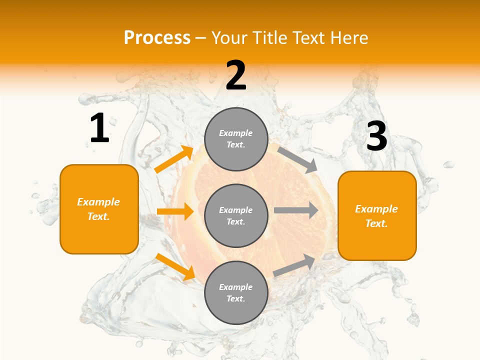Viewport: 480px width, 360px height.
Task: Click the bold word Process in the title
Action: [x=157, y=38]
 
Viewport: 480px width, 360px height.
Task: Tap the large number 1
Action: [x=99, y=128]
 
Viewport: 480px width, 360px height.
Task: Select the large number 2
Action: [x=236, y=76]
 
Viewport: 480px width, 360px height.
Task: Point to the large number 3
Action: [x=376, y=136]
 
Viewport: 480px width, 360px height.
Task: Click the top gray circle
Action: [x=236, y=139]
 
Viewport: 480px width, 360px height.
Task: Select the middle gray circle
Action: [x=236, y=215]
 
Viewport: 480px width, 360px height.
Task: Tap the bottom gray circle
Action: [x=236, y=292]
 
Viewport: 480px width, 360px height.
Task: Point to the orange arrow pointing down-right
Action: [x=175, y=266]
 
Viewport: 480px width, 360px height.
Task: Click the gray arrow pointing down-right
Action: [x=298, y=160]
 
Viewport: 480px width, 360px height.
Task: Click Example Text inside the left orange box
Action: [x=98, y=209]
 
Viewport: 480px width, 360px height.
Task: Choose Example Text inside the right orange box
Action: [x=376, y=216]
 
